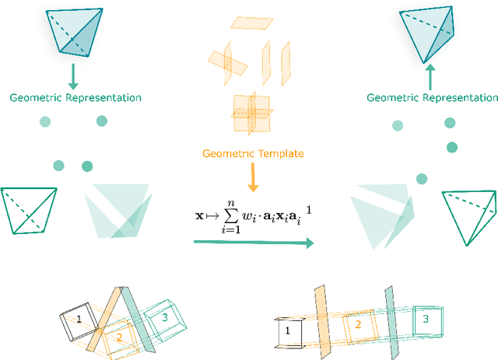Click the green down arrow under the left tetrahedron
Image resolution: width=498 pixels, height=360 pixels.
(x=72, y=76)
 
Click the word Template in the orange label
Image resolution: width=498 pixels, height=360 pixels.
(x=279, y=153)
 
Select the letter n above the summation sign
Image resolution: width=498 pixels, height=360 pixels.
(x=231, y=203)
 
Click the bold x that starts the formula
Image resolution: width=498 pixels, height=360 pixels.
(x=200, y=216)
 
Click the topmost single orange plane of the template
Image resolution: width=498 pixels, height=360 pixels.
(x=257, y=23)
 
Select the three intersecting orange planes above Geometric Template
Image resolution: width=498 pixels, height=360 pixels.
(x=250, y=114)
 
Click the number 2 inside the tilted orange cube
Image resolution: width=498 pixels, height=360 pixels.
(x=120, y=337)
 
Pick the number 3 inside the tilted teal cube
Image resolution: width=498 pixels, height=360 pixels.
(x=164, y=316)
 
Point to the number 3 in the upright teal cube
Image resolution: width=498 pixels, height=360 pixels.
(x=425, y=319)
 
